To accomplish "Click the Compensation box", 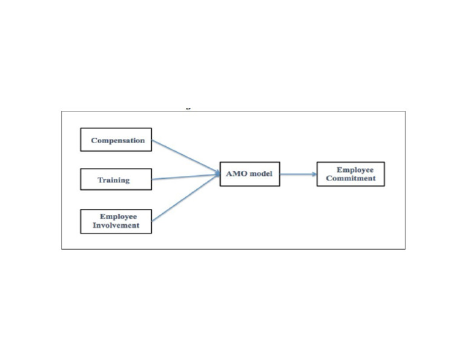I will pos(116,139).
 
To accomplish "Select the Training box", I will pos(116,179).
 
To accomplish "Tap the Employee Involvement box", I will pos(116,221).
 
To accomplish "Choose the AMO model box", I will pos(249,173).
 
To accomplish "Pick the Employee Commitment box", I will pos(351,174).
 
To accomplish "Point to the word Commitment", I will pos(351,178).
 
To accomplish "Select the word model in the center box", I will pos(260,174).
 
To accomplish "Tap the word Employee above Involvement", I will pos(119,216).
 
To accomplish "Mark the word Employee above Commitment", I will pos(355,170).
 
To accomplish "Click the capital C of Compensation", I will pos(94,141).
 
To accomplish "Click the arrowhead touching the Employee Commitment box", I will pos(314,174).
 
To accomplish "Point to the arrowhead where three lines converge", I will pos(217,175).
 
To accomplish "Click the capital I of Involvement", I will pos(94,225).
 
